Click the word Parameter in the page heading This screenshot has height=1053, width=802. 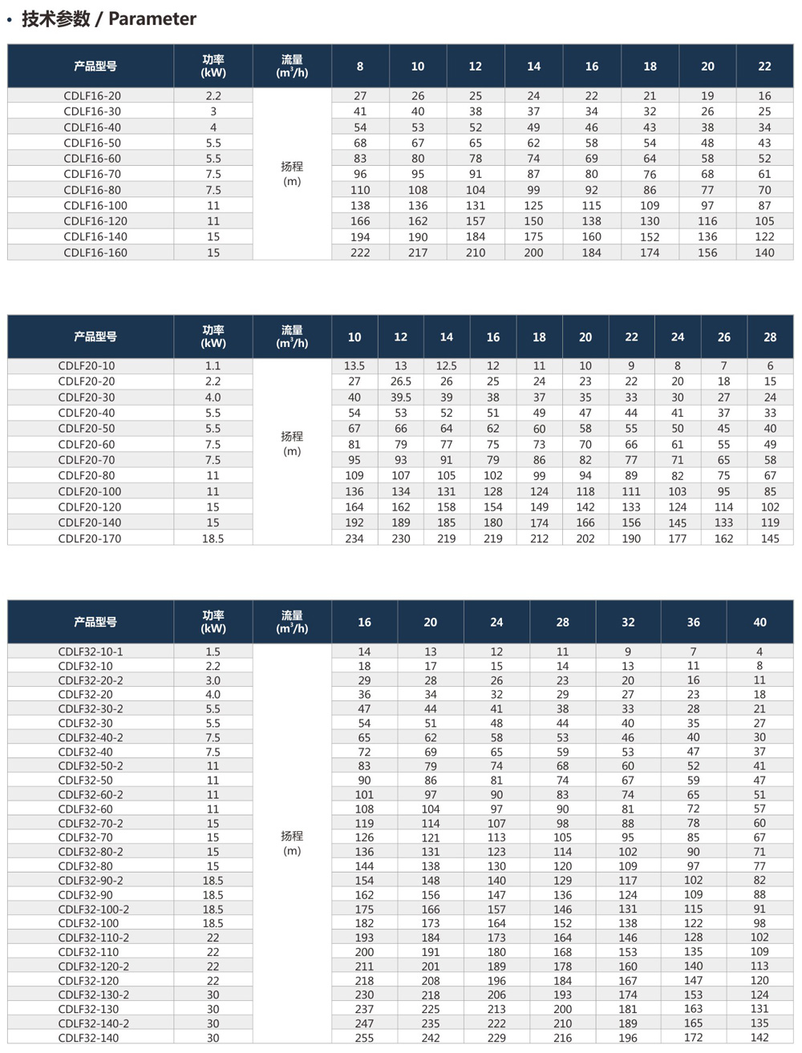[152, 18]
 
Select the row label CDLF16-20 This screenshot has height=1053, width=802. [92, 95]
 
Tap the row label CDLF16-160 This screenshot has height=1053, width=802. [95, 252]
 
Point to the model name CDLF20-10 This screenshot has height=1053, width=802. [87, 365]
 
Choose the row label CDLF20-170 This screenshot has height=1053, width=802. [90, 539]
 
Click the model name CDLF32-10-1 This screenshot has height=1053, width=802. [91, 652]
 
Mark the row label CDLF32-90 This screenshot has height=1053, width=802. [86, 894]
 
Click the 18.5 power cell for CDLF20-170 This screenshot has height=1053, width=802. [213, 539]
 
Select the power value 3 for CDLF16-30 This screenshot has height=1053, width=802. [213, 111]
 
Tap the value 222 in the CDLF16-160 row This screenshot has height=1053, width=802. [360, 252]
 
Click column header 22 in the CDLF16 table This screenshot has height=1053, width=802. [764, 67]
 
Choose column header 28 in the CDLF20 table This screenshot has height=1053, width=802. [770, 337]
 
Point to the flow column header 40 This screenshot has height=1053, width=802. [759, 622]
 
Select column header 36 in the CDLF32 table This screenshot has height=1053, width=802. [693, 622]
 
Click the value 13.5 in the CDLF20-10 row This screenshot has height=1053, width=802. [354, 365]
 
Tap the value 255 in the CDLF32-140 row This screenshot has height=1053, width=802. [364, 1038]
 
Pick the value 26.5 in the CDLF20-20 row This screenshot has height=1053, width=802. [400, 381]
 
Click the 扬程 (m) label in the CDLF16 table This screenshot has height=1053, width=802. [292, 173]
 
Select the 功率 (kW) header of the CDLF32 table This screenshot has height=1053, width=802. [213, 622]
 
